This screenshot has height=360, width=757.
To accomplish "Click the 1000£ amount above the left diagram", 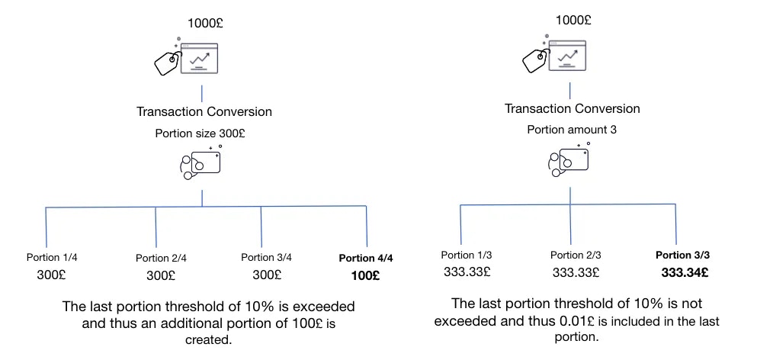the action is coord(205,24).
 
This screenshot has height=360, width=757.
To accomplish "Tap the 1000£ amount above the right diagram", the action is coord(573,21).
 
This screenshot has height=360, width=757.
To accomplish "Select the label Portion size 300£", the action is coord(200,133).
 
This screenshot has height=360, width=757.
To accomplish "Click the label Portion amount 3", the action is coord(572,130).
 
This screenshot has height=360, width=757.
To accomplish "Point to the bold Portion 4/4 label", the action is coord(366,258).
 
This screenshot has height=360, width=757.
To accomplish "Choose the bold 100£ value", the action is coord(365,276).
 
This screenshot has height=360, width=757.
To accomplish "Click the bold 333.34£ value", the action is coord(685,273).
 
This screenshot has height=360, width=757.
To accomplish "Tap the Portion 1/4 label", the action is coord(52,258).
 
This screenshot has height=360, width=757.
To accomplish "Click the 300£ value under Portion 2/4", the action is coord(161,276).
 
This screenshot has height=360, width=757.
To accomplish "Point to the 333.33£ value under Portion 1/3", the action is coord(467,272).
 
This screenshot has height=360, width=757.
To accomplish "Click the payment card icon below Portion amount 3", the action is coord(569,159).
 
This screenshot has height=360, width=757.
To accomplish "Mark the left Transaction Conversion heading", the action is coord(204,111).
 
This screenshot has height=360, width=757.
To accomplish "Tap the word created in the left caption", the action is coord(209,340).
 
